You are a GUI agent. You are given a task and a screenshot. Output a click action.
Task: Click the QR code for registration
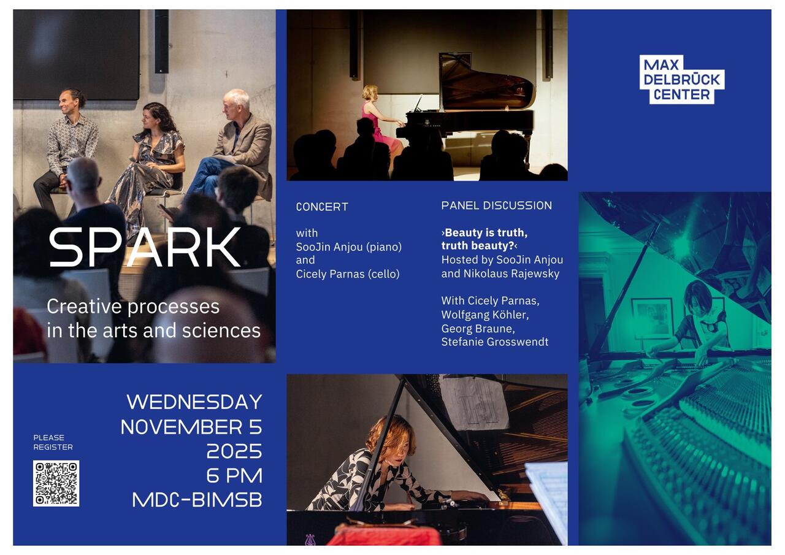(56, 483)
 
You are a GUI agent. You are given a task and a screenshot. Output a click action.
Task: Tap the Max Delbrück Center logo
(681, 80)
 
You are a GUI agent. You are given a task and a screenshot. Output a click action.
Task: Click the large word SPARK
(145, 247)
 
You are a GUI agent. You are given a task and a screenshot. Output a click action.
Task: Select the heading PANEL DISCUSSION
(496, 205)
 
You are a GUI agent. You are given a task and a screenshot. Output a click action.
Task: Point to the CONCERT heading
(322, 207)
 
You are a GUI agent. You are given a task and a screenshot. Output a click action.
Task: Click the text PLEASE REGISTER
(53, 442)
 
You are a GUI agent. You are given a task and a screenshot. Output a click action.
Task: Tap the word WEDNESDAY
(194, 402)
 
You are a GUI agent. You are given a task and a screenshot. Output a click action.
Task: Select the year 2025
(234, 451)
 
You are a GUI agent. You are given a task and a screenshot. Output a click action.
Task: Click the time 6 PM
(234, 476)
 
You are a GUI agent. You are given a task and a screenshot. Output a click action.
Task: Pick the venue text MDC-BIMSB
(197, 500)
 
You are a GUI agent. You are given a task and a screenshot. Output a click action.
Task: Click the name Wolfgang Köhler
(485, 315)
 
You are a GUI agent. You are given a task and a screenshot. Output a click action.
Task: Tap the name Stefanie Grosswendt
(495, 342)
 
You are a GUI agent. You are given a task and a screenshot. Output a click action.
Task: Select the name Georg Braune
(478, 328)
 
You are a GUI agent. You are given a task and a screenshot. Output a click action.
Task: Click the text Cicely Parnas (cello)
(348, 274)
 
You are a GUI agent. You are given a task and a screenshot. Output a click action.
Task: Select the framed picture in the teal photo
(652, 319)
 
